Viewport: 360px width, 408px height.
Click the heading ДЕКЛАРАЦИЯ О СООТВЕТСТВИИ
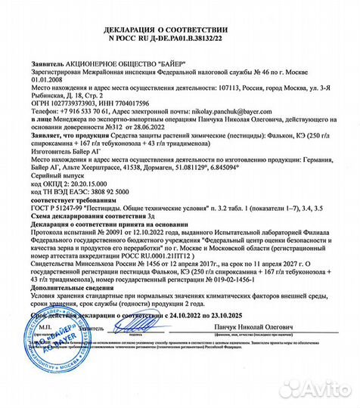point(180,28)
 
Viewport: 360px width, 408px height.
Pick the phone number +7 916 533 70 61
point(82,111)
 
